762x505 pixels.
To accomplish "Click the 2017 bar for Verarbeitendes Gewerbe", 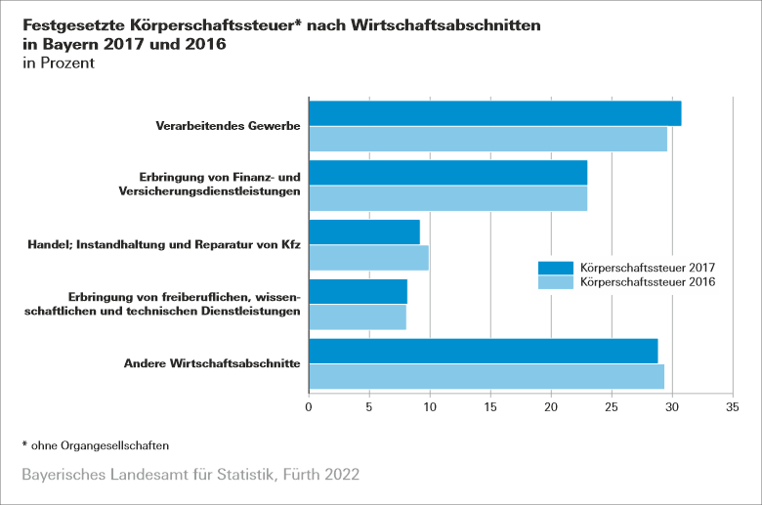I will pyautogui.click(x=494, y=113).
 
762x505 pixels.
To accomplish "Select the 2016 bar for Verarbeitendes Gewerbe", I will pyautogui.click(x=487, y=139).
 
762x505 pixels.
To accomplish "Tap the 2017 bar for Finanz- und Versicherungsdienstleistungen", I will pyautogui.click(x=447, y=173).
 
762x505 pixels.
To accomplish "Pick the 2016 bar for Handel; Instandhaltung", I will pyautogui.click(x=368, y=258).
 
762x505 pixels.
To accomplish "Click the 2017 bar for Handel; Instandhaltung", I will pyautogui.click(x=363, y=232).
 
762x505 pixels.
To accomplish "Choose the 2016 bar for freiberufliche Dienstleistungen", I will pyautogui.click(x=357, y=317).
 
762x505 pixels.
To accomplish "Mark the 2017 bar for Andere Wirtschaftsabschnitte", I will pyautogui.click(x=483, y=351).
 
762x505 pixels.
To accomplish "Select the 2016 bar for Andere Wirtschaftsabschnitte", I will pyautogui.click(x=486, y=376).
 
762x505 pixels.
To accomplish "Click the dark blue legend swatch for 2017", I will pyautogui.click(x=556, y=268).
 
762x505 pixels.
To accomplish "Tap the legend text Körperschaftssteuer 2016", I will pyautogui.click(x=648, y=282).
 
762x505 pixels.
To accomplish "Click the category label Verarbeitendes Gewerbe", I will pyautogui.click(x=228, y=126).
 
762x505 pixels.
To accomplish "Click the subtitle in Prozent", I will pyautogui.click(x=58, y=63).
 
